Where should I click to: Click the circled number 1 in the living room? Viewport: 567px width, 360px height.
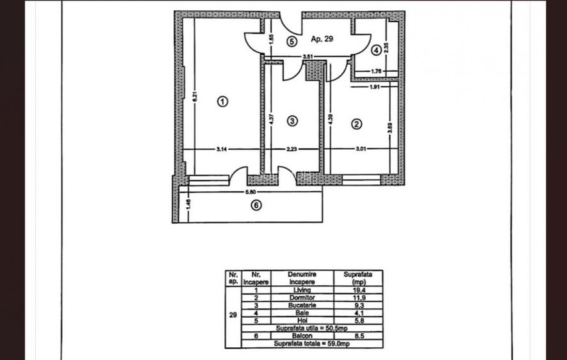click(x=222, y=101)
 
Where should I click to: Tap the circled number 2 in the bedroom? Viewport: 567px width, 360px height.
click(x=357, y=124)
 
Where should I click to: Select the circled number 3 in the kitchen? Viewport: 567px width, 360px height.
click(x=292, y=120)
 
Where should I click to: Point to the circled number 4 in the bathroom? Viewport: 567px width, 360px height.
click(x=377, y=49)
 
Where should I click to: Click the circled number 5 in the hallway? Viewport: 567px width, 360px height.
click(x=291, y=41)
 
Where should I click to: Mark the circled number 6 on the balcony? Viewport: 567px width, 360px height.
click(x=256, y=206)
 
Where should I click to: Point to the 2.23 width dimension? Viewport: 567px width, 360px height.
click(x=292, y=149)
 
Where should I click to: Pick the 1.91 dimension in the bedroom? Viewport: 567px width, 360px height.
click(x=375, y=86)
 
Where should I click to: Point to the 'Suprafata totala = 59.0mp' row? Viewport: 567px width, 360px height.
click(x=304, y=343)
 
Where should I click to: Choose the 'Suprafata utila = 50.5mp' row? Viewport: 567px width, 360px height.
click(x=304, y=328)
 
